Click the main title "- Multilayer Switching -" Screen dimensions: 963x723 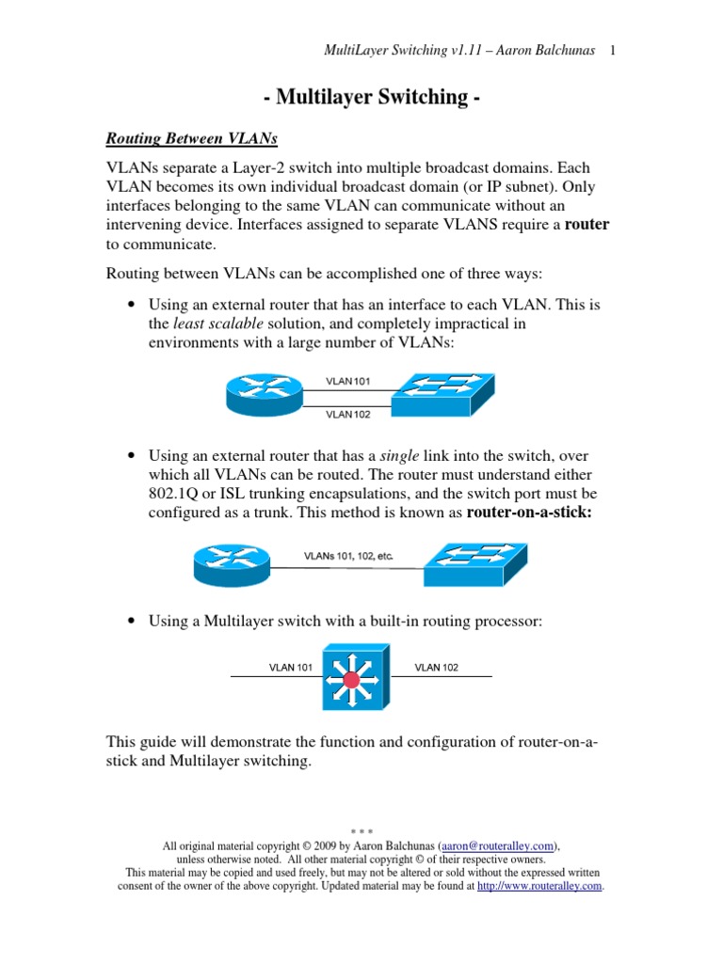tap(362, 97)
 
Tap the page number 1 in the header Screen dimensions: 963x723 tap(612, 51)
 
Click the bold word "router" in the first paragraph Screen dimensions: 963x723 tap(586, 225)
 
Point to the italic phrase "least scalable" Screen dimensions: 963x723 tap(212, 324)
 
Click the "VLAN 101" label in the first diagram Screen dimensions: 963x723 tap(347, 381)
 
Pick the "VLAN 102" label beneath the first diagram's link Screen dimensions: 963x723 tap(347, 414)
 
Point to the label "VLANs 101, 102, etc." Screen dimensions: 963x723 tap(348, 556)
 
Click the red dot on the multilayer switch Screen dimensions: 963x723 tap(354, 679)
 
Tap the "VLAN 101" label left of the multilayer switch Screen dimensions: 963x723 tap(291, 668)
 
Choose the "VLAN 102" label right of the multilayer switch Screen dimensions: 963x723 tap(437, 668)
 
